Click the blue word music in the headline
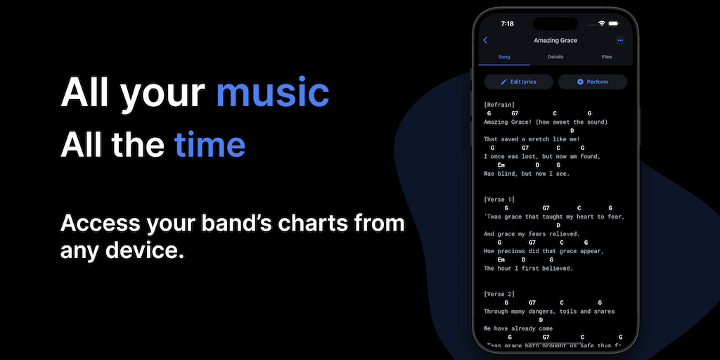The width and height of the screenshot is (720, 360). (x=273, y=94)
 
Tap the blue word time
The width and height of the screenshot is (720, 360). (x=210, y=144)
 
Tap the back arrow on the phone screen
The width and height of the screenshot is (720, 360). (x=485, y=40)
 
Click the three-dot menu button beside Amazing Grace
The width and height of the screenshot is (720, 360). (x=620, y=40)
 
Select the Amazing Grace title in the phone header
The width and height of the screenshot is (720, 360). (x=555, y=40)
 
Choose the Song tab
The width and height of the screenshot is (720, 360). (x=504, y=57)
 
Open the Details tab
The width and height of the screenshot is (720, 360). (x=555, y=57)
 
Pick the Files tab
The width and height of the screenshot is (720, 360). (x=607, y=57)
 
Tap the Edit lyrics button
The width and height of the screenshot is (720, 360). (x=518, y=82)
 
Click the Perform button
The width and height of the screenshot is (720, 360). (x=592, y=82)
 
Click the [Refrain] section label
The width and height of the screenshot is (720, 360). (x=499, y=105)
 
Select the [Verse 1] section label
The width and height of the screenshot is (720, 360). (x=499, y=199)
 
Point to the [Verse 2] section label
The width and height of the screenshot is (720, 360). (x=499, y=294)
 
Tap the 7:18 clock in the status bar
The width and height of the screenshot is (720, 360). (x=508, y=23)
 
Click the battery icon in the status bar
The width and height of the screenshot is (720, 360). (x=613, y=23)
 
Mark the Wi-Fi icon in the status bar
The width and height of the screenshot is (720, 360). (x=602, y=23)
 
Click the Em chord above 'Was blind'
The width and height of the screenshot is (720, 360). (x=501, y=165)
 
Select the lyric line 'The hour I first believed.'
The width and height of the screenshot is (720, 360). (x=529, y=268)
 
